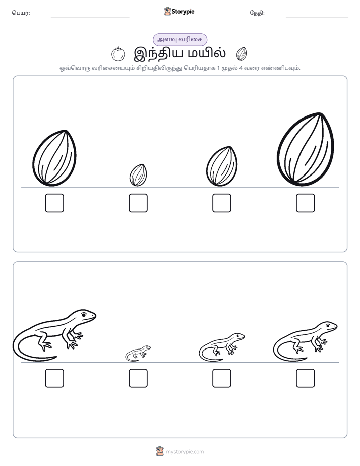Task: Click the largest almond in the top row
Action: pyautogui.click(x=306, y=149)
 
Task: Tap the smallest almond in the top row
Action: pyautogui.click(x=138, y=175)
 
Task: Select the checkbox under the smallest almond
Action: pyautogui.click(x=138, y=203)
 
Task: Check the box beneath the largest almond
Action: pyautogui.click(x=306, y=203)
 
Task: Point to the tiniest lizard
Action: pyautogui.click(x=138, y=353)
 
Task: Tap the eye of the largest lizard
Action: pyautogui.click(x=84, y=315)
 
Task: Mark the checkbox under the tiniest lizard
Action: pyautogui.click(x=138, y=378)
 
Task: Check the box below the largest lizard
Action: pyautogui.click(x=54, y=378)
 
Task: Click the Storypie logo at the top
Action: pyautogui.click(x=179, y=12)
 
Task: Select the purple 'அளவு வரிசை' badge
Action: pyautogui.click(x=179, y=40)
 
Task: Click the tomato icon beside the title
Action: pyautogui.click(x=118, y=54)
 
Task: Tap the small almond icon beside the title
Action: pyautogui.click(x=242, y=54)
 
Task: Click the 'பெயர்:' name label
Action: pyautogui.click(x=21, y=13)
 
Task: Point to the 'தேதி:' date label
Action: pyautogui.click(x=257, y=13)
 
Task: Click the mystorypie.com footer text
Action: pyautogui.click(x=185, y=452)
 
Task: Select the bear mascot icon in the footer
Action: pyautogui.click(x=160, y=451)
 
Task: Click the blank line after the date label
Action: pyautogui.click(x=317, y=17)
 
